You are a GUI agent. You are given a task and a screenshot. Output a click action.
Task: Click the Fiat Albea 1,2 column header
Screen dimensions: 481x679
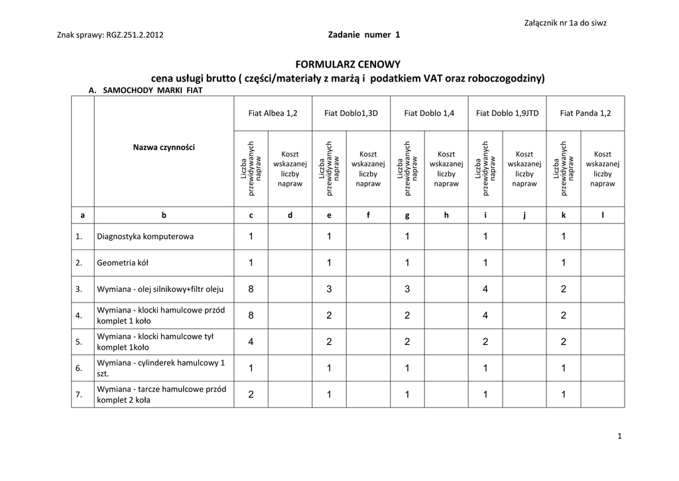click(x=273, y=113)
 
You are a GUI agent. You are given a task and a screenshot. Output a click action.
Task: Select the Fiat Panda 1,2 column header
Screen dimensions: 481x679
click(x=586, y=113)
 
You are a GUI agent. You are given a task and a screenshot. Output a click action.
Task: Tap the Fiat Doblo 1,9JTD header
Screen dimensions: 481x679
click(x=507, y=113)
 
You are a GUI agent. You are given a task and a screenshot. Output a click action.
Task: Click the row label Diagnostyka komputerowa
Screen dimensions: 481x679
click(x=145, y=237)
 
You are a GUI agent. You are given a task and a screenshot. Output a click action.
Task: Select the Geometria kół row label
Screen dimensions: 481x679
click(x=123, y=263)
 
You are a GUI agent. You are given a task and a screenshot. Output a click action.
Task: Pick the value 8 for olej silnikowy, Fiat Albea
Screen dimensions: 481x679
click(x=251, y=289)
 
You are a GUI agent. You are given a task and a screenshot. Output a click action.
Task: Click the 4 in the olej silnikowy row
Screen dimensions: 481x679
click(x=485, y=289)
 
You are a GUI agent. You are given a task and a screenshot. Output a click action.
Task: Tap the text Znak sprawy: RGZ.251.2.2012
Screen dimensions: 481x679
click(x=111, y=35)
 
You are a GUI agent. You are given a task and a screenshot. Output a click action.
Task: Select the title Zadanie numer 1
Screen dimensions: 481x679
click(x=364, y=34)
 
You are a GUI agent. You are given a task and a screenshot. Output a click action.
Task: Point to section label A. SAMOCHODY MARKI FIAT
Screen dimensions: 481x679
click(x=145, y=90)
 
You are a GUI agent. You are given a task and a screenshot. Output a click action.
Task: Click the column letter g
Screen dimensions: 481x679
click(x=407, y=215)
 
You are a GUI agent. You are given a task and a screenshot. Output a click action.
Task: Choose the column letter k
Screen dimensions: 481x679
click(x=564, y=215)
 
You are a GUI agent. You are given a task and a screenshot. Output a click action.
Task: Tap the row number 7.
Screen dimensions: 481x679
click(x=79, y=395)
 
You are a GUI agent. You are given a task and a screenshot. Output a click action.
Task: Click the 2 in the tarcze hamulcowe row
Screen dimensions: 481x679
click(x=251, y=395)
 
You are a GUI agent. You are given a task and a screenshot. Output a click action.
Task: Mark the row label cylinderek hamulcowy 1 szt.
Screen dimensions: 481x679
click(x=161, y=368)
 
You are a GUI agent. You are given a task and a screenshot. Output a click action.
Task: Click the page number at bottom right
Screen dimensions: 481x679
click(x=619, y=436)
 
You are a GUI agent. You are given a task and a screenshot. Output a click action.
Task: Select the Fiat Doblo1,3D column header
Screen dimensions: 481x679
click(x=351, y=113)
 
